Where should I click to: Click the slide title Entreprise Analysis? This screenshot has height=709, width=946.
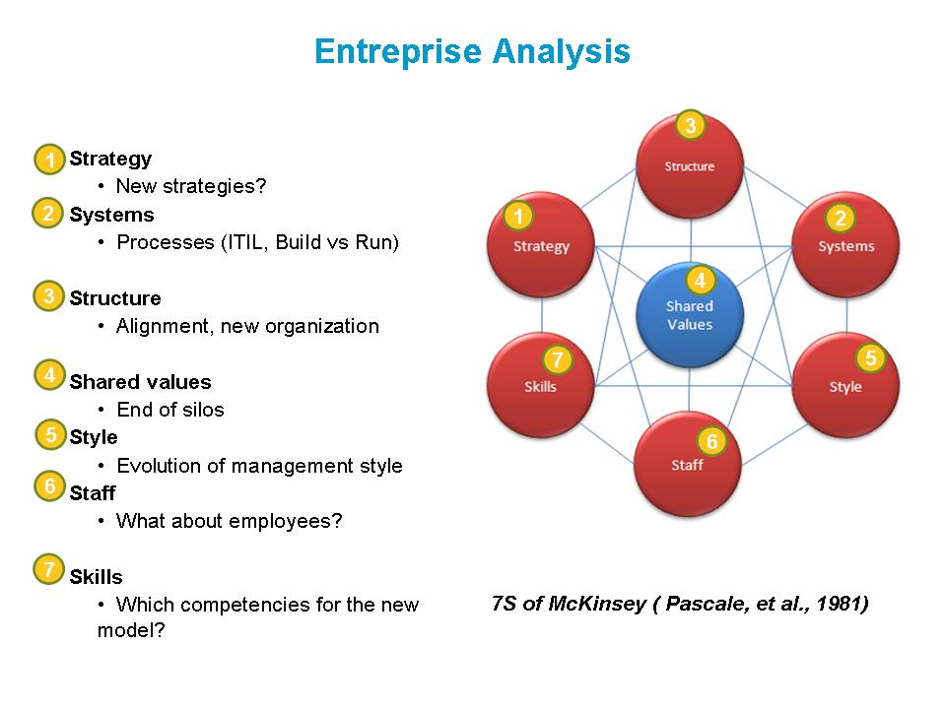click(472, 51)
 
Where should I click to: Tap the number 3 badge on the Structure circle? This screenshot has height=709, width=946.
click(690, 125)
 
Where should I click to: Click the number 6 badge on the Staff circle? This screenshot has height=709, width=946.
click(711, 440)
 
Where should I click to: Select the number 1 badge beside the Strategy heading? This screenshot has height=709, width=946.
click(49, 160)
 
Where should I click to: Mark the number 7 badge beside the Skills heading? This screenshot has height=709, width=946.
click(49, 569)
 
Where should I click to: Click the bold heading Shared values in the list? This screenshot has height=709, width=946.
click(140, 382)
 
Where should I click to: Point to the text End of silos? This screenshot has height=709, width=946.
click(170, 410)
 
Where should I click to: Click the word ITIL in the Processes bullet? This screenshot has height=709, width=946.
click(247, 242)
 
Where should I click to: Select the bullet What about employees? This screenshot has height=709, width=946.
click(229, 521)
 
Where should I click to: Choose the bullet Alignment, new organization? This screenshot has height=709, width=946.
click(247, 326)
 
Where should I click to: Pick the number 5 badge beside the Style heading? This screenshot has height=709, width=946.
click(51, 434)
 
